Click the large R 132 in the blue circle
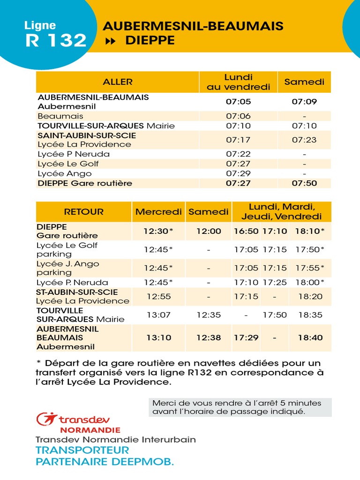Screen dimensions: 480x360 click(56, 41)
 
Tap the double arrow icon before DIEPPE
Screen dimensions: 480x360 click(111, 41)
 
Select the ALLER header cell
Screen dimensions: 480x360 click(118, 82)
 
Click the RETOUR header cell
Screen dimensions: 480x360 click(84, 212)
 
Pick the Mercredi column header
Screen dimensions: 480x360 click(158, 212)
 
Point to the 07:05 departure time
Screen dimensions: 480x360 click(238, 102)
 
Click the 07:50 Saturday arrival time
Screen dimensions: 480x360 click(304, 183)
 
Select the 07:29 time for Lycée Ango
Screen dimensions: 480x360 click(238, 173)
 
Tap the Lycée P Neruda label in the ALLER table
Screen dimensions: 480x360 click(74, 154)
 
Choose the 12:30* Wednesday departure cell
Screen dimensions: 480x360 click(158, 231)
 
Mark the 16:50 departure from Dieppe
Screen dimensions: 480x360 click(246, 231)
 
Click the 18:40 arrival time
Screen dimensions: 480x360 click(310, 337)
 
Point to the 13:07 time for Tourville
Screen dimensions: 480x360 click(158, 315)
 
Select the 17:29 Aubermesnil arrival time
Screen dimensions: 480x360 click(246, 337)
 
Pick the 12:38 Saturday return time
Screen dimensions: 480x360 click(209, 337)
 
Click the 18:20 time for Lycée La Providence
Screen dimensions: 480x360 click(310, 297)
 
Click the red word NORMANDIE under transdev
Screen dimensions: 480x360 click(90, 430)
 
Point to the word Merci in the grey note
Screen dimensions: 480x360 click(162, 403)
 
